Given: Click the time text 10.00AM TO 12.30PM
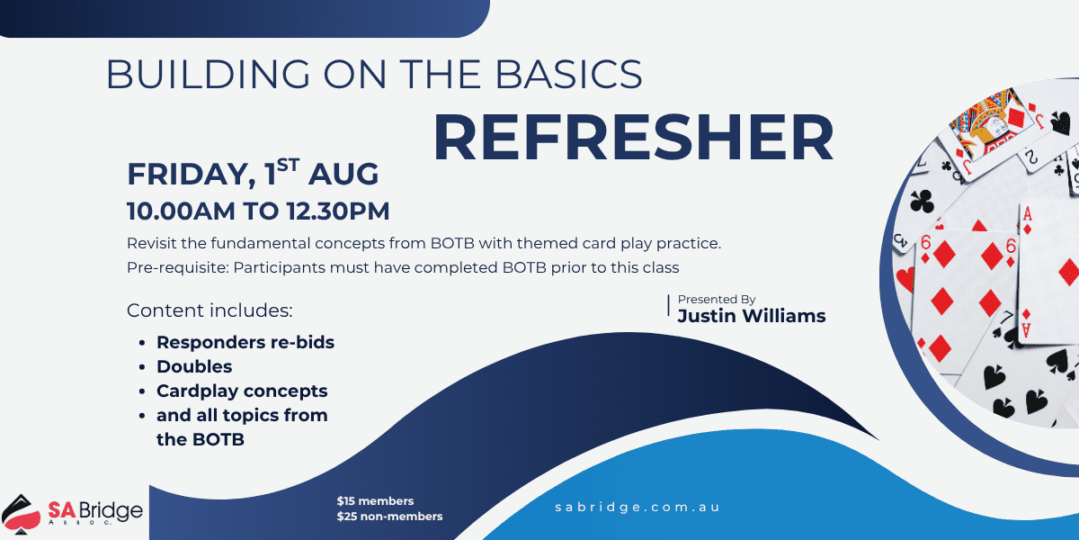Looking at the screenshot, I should coord(258,211).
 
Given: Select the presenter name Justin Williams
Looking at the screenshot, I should coord(751,315).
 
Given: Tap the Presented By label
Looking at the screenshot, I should coord(717,299).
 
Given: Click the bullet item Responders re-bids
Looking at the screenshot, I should coord(245,342).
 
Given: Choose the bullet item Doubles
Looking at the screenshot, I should coord(194,366).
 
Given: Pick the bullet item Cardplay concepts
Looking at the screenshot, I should coord(242,391).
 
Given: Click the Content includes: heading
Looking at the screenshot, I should coord(210,310).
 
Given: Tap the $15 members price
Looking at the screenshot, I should coord(375,500).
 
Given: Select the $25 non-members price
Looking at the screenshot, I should coord(389,516).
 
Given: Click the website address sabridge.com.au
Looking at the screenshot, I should coord(638,507).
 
